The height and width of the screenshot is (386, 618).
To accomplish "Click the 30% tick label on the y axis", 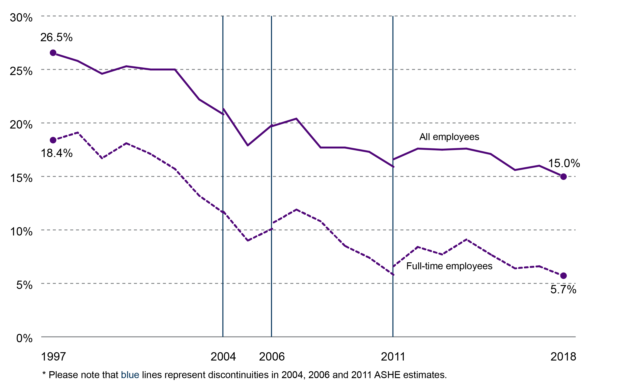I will (x=21, y=18).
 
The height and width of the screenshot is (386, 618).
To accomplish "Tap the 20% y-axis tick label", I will (x=21, y=125).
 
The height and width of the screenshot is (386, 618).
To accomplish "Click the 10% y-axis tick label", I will (x=21, y=232).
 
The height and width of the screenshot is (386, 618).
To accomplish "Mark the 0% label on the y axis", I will (x=24, y=339).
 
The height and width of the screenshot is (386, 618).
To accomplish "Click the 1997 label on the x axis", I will (x=53, y=357).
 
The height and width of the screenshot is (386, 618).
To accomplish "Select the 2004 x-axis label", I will (x=223, y=357).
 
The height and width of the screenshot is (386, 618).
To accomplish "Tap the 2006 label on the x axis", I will (x=272, y=357).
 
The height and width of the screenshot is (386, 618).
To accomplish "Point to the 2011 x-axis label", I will (x=393, y=357).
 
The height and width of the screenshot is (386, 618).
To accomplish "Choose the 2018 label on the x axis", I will (x=563, y=357).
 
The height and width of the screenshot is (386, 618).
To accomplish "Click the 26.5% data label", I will (x=56, y=37).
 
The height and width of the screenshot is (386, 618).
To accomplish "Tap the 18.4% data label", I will (x=57, y=153).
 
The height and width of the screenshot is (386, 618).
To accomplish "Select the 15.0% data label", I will (x=564, y=163).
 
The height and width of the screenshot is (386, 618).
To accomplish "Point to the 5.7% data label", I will (x=563, y=289).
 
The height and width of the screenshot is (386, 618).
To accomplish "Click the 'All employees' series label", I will (x=449, y=137).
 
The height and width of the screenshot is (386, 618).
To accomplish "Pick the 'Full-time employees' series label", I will (x=449, y=266).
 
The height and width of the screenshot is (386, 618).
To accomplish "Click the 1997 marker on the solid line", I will (x=53, y=53).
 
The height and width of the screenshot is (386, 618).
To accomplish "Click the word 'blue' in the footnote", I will (x=130, y=375).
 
